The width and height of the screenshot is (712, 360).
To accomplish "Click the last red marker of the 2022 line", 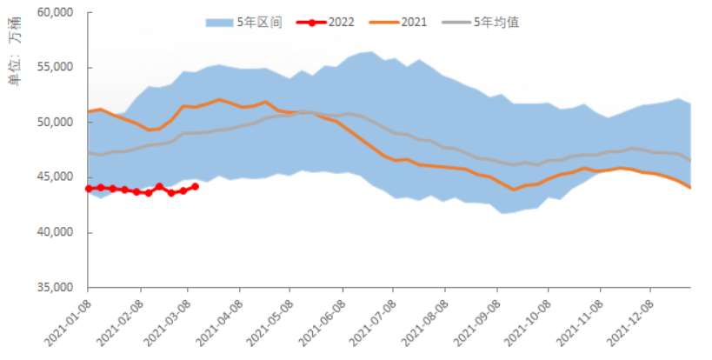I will pos(195,186).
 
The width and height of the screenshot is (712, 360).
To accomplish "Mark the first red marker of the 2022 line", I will pos(89,188).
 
